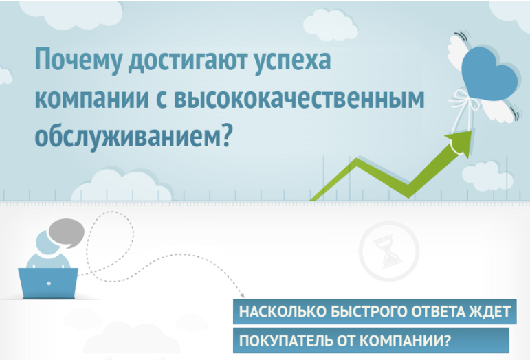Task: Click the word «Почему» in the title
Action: click(78, 60)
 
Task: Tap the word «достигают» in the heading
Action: click(188, 60)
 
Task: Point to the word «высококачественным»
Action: click(300, 99)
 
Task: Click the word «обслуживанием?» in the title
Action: click(133, 136)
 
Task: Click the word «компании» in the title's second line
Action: click(92, 99)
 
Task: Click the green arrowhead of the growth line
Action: click(461, 142)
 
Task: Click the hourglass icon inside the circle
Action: click(388, 251)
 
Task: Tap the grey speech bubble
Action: click(66, 234)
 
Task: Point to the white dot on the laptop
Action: click(49, 283)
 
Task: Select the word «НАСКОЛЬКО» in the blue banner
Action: click(283, 311)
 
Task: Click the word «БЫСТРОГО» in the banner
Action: click(368, 311)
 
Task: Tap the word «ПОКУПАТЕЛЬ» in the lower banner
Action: click(286, 341)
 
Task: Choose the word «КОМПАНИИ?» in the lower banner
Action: click(405, 341)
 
